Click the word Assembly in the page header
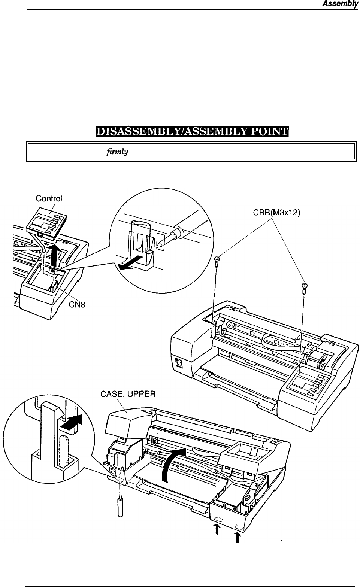340,4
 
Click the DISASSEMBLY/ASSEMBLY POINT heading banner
192,131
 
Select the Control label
49,198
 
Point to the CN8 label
77,305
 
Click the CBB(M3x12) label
276,213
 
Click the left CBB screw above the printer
217,262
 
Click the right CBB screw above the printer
305,289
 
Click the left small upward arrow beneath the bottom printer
217,529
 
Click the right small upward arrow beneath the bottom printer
237,538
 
